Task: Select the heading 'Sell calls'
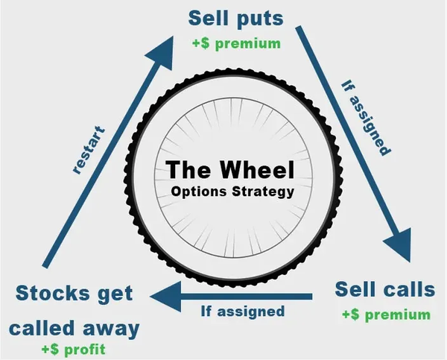[383, 288]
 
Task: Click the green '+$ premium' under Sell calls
[386, 315]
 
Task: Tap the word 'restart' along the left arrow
[90, 150]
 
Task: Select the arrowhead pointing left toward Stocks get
[165, 296]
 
